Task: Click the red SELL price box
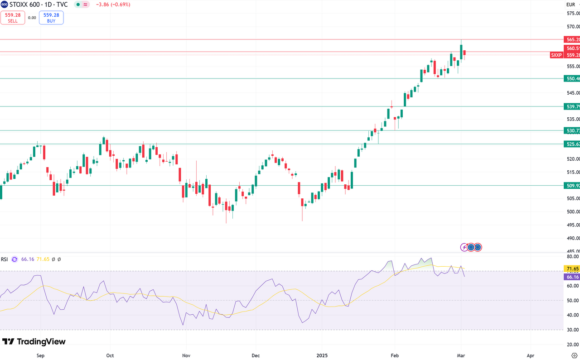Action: (13, 17)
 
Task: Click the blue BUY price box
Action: (51, 17)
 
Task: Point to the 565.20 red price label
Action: (571, 39)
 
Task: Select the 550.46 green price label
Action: (571, 78)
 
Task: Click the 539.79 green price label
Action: (571, 106)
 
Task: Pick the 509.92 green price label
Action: (571, 185)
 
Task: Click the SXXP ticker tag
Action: (556, 55)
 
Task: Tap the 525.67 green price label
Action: (571, 144)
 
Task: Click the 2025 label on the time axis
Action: (322, 355)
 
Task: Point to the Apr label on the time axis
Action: (531, 355)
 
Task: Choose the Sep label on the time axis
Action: (40, 355)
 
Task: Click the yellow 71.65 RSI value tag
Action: (571, 269)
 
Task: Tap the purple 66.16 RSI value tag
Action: (571, 277)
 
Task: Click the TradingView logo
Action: (34, 341)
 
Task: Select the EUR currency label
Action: (570, 5)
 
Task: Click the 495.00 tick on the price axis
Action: (572, 225)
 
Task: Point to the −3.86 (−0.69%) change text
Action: (113, 5)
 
